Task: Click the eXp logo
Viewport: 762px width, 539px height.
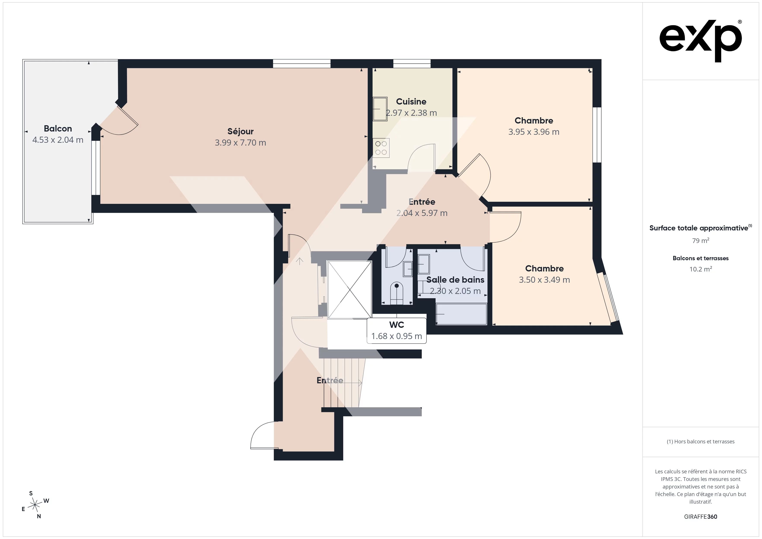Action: [701, 41]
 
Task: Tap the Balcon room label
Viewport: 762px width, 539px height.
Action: [58, 128]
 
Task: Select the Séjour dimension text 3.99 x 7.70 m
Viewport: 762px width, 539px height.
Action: [240, 143]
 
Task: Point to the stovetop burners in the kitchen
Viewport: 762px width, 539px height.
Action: [381, 148]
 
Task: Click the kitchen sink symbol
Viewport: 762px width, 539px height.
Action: [380, 109]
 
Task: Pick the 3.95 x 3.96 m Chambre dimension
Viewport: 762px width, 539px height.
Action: [534, 132]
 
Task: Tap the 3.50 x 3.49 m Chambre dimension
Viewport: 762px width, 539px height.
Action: [544, 280]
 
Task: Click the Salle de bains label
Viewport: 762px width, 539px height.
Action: [455, 280]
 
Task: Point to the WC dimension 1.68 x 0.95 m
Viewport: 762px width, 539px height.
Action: [397, 336]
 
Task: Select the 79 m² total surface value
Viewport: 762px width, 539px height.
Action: [701, 240]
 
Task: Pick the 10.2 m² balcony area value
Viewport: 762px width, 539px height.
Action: [701, 269]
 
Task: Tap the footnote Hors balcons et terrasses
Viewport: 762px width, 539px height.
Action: [701, 441]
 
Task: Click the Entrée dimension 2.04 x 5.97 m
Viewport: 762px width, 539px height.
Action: [422, 213]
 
